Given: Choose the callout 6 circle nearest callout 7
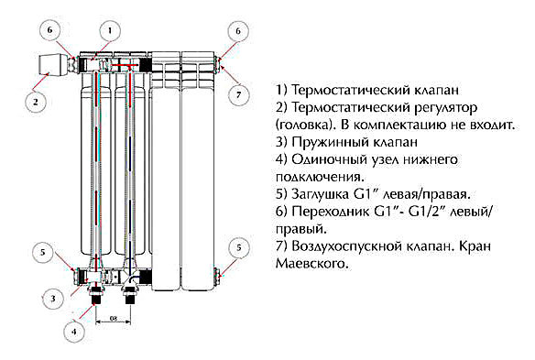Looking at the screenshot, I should point(237,31).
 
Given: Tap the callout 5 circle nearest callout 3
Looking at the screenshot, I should point(41,252).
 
